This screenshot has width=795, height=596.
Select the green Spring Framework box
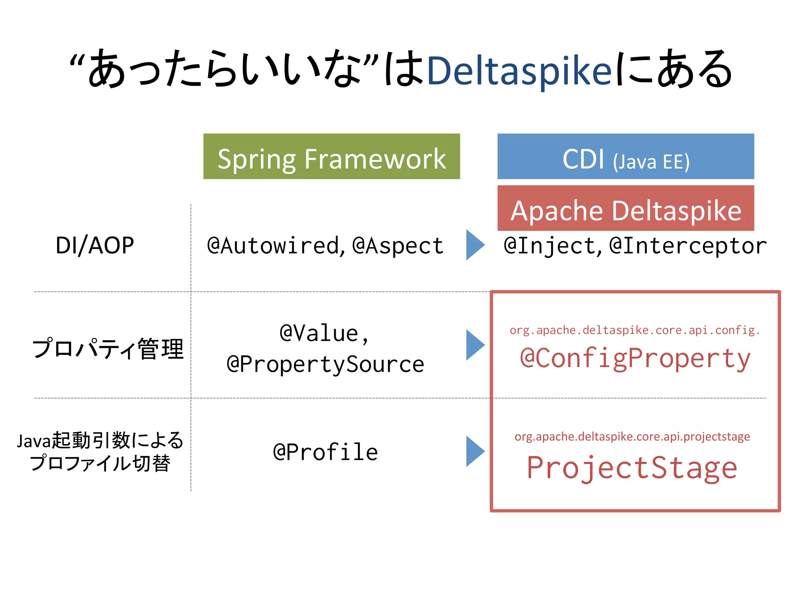click(332, 156)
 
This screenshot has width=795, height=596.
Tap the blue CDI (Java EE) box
click(625, 156)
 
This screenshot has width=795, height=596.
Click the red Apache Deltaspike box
click(625, 209)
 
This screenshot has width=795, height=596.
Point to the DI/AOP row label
click(95, 245)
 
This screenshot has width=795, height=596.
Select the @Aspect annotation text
click(397, 246)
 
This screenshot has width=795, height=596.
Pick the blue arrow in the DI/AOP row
click(474, 245)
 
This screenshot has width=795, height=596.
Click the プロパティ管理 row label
click(108, 348)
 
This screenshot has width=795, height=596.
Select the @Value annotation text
click(324, 333)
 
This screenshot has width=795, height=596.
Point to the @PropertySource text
click(325, 364)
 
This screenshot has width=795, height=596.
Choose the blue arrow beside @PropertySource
click(474, 345)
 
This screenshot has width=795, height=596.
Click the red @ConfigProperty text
click(635, 358)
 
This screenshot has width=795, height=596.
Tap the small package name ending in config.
click(634, 330)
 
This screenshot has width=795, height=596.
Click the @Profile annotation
click(325, 452)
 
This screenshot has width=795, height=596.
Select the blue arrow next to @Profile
click(474, 451)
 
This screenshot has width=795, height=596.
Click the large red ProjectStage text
click(632, 468)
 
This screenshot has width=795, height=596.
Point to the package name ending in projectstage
click(632, 437)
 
